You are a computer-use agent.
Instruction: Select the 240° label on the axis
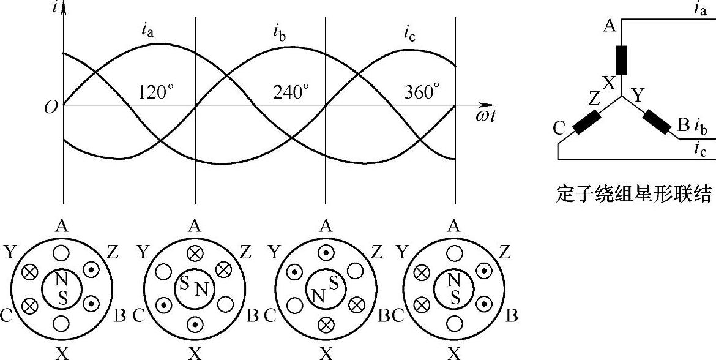pos(290,92)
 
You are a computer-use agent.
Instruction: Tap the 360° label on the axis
pos(422,92)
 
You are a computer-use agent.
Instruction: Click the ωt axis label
pos(485,116)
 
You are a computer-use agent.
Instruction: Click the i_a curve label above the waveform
pos(147,30)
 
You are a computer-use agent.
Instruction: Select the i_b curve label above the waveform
pos(280,32)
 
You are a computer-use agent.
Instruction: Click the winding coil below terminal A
pos(621,59)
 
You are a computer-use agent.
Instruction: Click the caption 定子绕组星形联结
pos(635,195)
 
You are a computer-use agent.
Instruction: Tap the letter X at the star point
pos(608,84)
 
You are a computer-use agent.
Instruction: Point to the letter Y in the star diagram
pos(638,95)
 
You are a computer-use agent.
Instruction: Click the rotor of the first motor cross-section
pos(62,289)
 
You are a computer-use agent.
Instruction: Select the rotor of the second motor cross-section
pos(194,289)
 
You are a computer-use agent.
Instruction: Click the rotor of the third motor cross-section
pos(326,289)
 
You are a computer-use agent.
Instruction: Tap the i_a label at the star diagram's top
pos(701,8)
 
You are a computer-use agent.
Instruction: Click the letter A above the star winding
pos(609,26)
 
